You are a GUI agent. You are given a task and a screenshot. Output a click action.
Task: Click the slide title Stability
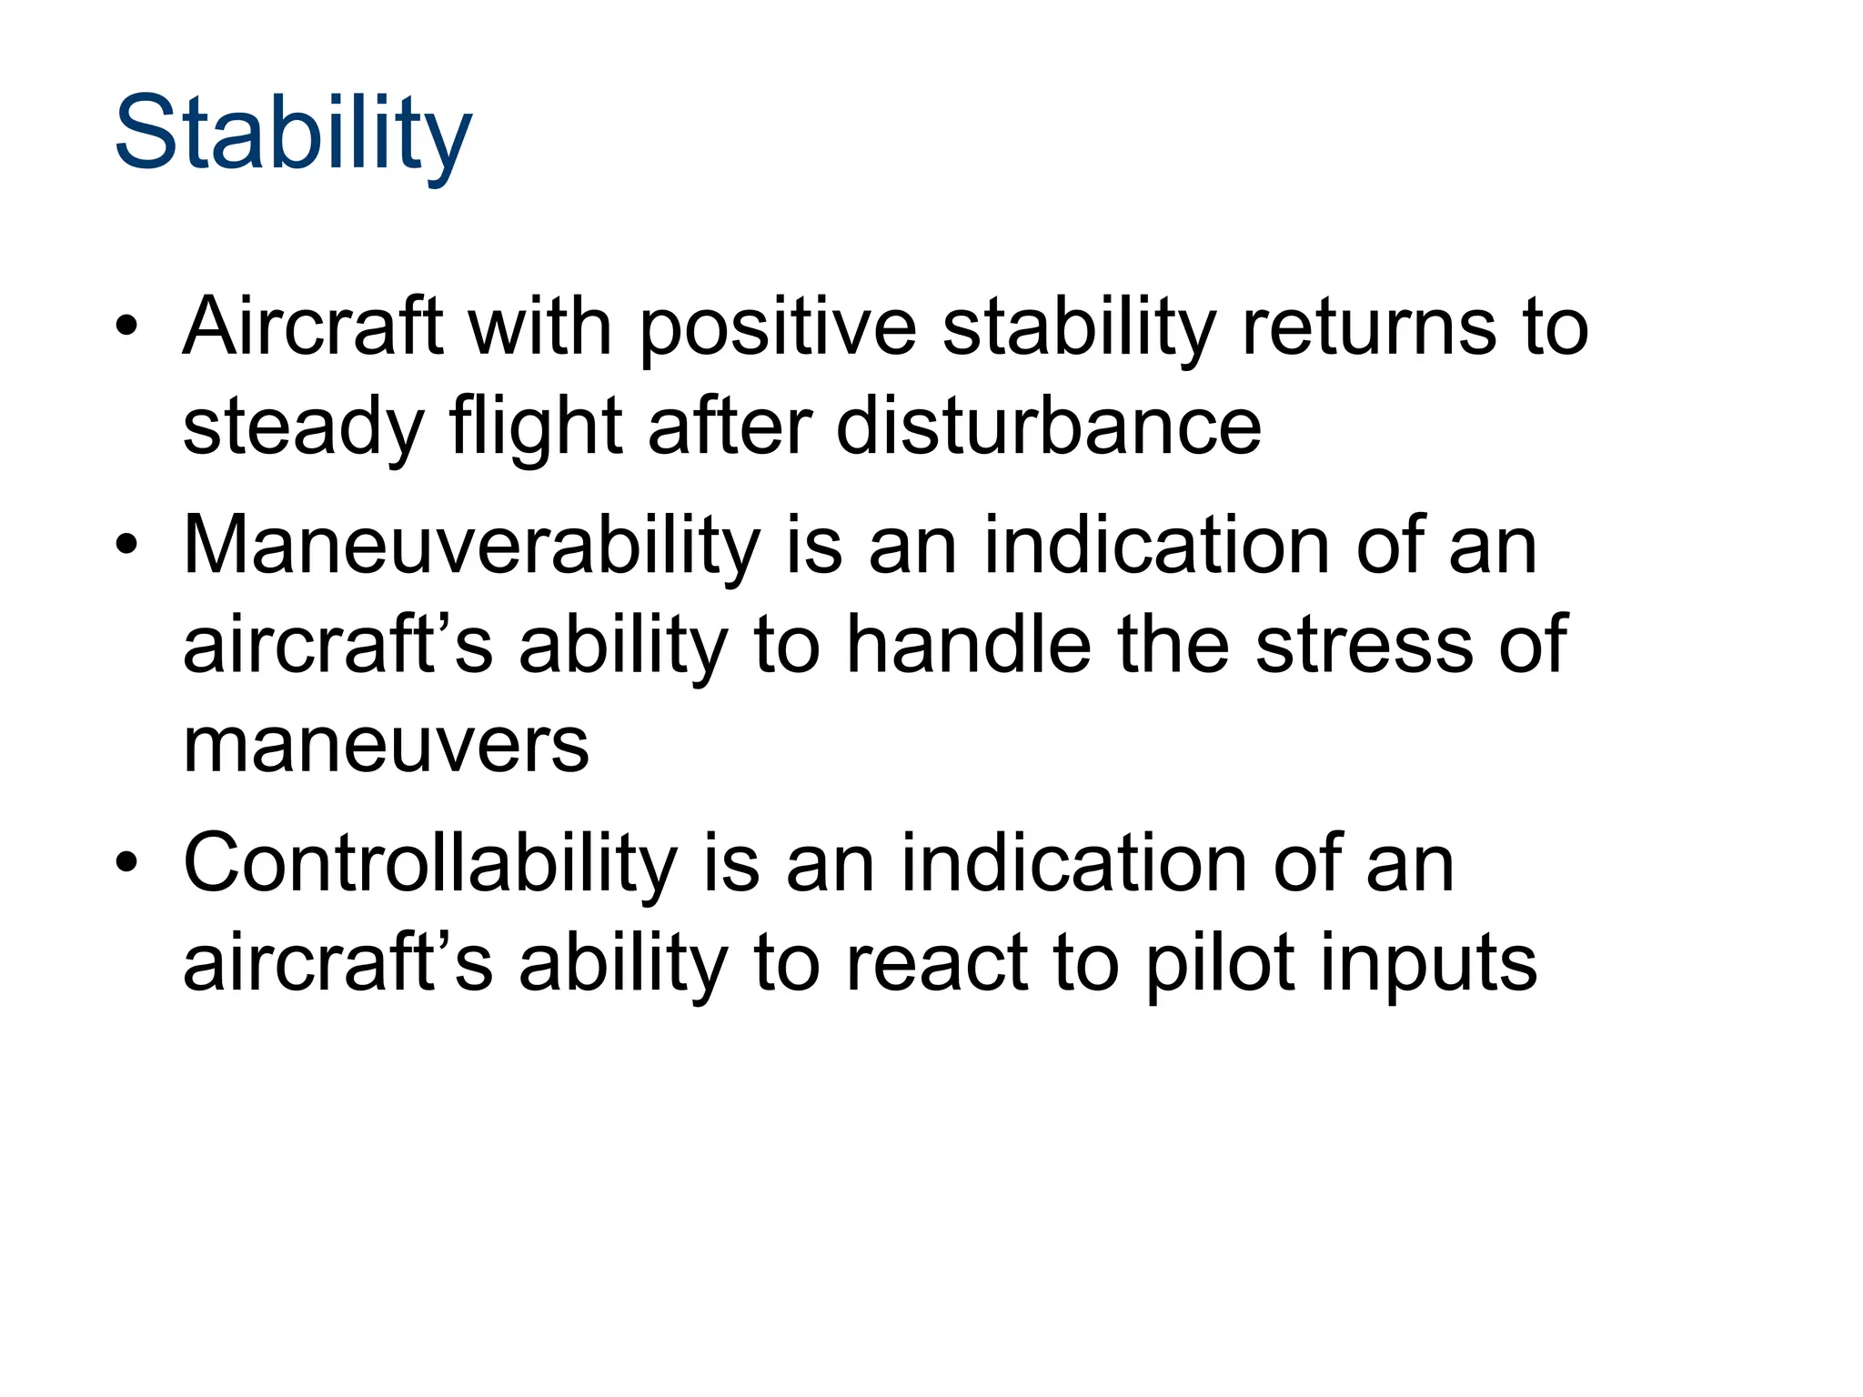click(x=293, y=135)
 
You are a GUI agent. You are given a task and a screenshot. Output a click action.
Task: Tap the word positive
click(x=778, y=327)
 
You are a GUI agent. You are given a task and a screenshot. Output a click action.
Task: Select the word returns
click(x=1369, y=327)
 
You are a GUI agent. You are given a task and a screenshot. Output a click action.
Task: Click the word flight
click(x=536, y=427)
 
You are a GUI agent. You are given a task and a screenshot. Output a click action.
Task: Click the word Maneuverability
click(x=472, y=546)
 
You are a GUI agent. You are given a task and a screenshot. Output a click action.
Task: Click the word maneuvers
click(x=386, y=746)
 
